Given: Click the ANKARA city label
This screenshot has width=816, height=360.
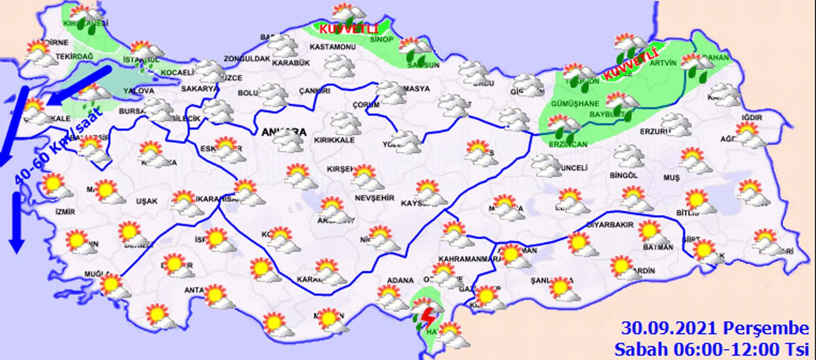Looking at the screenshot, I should click(284, 133).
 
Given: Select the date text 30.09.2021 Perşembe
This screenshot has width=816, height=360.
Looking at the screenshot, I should click(715, 328).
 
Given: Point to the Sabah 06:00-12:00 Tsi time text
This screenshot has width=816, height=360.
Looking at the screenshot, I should click(711, 349).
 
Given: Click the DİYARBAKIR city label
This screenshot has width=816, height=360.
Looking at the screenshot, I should click(610, 225).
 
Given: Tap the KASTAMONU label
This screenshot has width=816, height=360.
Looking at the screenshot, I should click(333, 47).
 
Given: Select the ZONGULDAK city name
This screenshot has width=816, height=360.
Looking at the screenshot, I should click(247, 59).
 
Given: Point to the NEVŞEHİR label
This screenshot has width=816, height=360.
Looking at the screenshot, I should click(374, 198).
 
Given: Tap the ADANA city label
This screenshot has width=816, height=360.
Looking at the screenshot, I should click(400, 280).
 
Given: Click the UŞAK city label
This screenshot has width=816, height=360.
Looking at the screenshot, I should click(147, 201).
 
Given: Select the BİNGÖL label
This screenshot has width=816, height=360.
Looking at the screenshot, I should click(624, 175).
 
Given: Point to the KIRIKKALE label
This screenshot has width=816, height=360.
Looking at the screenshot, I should click(334, 140).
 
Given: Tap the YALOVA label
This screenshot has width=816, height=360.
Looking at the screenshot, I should click(139, 91).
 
